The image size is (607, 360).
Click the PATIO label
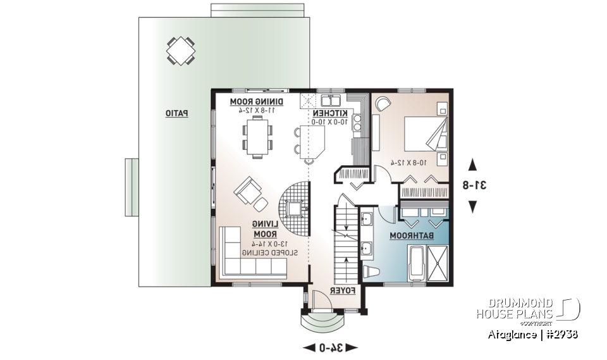176,113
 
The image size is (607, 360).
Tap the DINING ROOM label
256,101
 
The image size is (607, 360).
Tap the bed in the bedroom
425,134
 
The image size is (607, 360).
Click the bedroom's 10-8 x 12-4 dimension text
408,163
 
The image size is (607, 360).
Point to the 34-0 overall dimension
331,347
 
